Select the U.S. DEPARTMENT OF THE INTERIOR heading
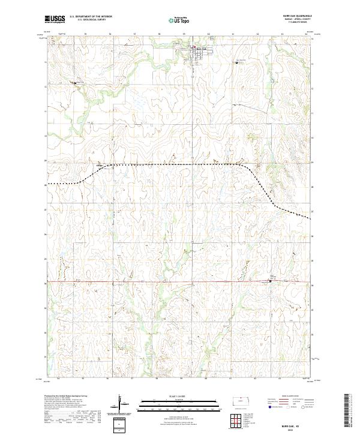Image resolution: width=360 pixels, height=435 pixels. pos(91,17)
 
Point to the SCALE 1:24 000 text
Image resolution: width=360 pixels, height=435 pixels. pos(172,396)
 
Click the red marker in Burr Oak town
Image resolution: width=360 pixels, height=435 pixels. pos(193,49)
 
